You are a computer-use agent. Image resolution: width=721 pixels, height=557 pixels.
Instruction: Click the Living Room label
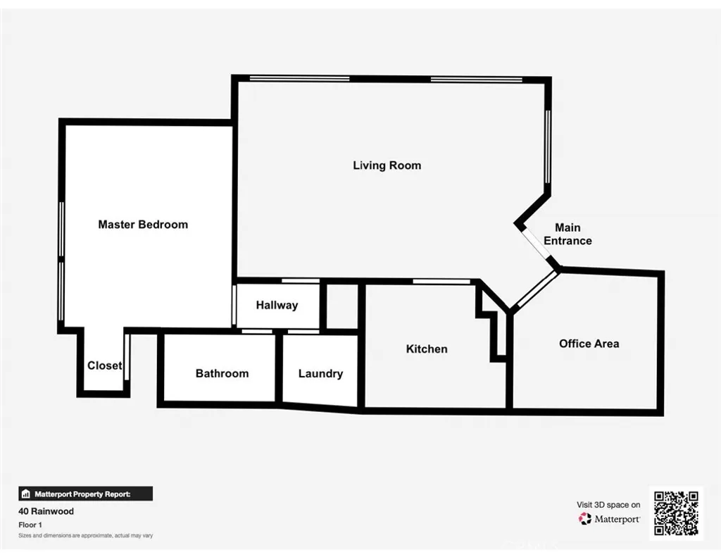point(387,165)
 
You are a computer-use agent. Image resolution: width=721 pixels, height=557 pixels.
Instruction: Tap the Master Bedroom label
point(143,225)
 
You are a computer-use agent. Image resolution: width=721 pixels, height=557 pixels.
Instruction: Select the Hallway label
point(277,305)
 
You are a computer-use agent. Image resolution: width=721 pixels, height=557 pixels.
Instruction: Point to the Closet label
point(104,365)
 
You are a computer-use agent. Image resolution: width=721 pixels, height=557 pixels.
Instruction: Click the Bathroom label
point(222,373)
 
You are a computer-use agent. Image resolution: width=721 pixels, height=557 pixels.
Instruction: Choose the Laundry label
point(320,373)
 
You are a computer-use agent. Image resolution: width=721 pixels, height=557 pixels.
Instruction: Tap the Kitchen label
point(427,349)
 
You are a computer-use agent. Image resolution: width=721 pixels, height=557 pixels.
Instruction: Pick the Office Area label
point(589,344)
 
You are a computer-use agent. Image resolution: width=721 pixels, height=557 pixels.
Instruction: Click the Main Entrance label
point(568,234)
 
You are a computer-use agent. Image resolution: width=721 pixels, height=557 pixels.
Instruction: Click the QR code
point(676,513)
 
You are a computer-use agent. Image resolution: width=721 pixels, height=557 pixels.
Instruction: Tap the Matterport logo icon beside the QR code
point(585,519)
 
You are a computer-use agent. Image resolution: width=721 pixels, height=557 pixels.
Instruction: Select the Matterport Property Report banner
point(85,494)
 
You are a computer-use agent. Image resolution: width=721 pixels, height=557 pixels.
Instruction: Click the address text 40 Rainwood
point(46,512)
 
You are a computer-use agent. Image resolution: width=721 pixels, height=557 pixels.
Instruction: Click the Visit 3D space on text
point(608,505)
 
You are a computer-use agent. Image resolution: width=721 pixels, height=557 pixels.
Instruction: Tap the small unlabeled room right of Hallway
point(342,305)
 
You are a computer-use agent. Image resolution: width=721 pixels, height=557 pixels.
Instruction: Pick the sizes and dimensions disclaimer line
point(85,536)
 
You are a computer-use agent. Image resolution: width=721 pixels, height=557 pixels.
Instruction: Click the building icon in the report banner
point(26,494)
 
